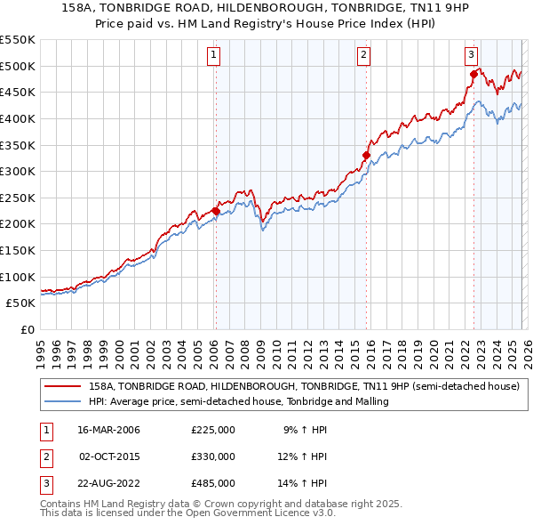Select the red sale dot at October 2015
tap(366, 155)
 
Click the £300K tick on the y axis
tap(18, 171)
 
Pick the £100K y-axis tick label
tap(18, 277)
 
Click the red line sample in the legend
tap(62, 387)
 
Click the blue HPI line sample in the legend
tap(62, 402)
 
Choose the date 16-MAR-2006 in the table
tap(109, 430)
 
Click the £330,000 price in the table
tap(213, 456)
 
